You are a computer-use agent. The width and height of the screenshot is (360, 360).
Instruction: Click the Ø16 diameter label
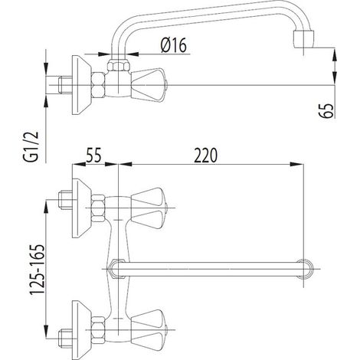174,45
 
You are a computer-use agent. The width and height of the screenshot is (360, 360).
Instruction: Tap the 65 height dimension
326,110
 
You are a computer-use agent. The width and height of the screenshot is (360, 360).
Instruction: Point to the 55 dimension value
93,155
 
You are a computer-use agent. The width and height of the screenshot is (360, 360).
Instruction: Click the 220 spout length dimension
205,155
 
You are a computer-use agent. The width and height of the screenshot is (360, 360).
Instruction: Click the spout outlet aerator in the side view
303,39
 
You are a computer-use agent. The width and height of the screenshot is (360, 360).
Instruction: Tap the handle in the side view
149,84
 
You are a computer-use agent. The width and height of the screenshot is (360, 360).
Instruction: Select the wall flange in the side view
82,85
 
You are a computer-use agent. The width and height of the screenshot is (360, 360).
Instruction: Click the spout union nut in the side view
118,64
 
